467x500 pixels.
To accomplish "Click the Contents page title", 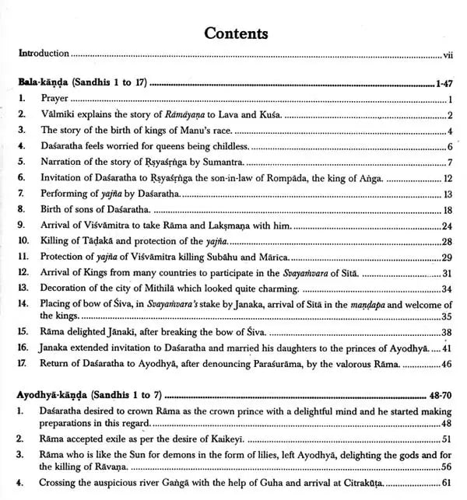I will point(235,33).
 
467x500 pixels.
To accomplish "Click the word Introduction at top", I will point(45,54).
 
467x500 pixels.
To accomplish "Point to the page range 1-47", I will point(442,81).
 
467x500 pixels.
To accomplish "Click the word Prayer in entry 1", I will point(54,99).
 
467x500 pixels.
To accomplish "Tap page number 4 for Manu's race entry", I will point(450,130).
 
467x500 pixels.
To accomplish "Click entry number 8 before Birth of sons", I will point(23,210).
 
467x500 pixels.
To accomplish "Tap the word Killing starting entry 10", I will point(56,242).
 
